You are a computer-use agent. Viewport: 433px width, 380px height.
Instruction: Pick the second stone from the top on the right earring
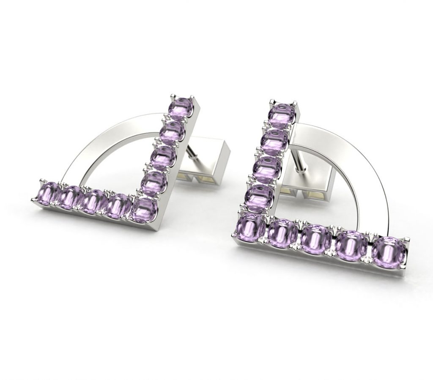[275, 142]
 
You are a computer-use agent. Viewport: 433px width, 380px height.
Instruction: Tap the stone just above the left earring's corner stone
[153, 183]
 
